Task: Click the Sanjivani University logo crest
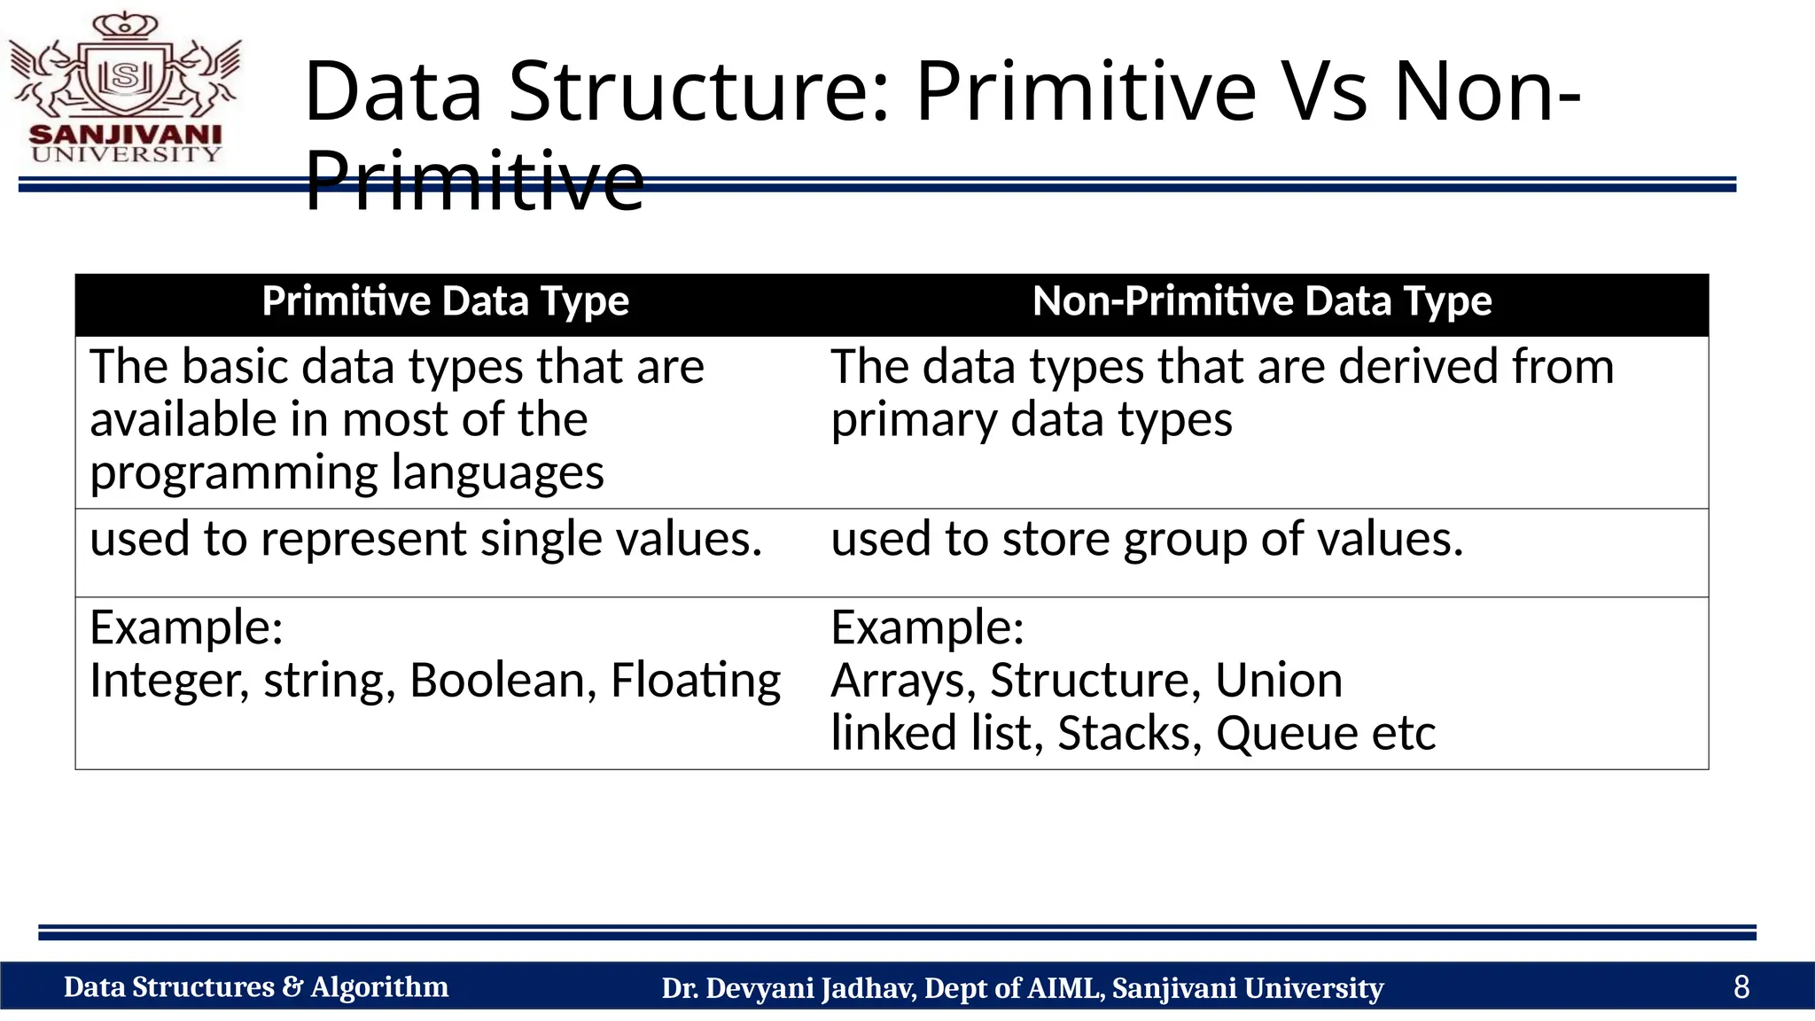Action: [126, 71]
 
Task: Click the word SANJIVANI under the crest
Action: [125, 135]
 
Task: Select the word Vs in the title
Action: [1322, 91]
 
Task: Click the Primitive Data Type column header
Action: [445, 302]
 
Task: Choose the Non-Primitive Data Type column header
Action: [1262, 302]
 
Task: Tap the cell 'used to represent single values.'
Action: [425, 539]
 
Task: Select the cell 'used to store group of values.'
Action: [1147, 539]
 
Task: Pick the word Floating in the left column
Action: [696, 681]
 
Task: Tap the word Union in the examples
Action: [1278, 681]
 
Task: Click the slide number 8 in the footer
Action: [1741, 987]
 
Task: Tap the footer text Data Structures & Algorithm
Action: [256, 987]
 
